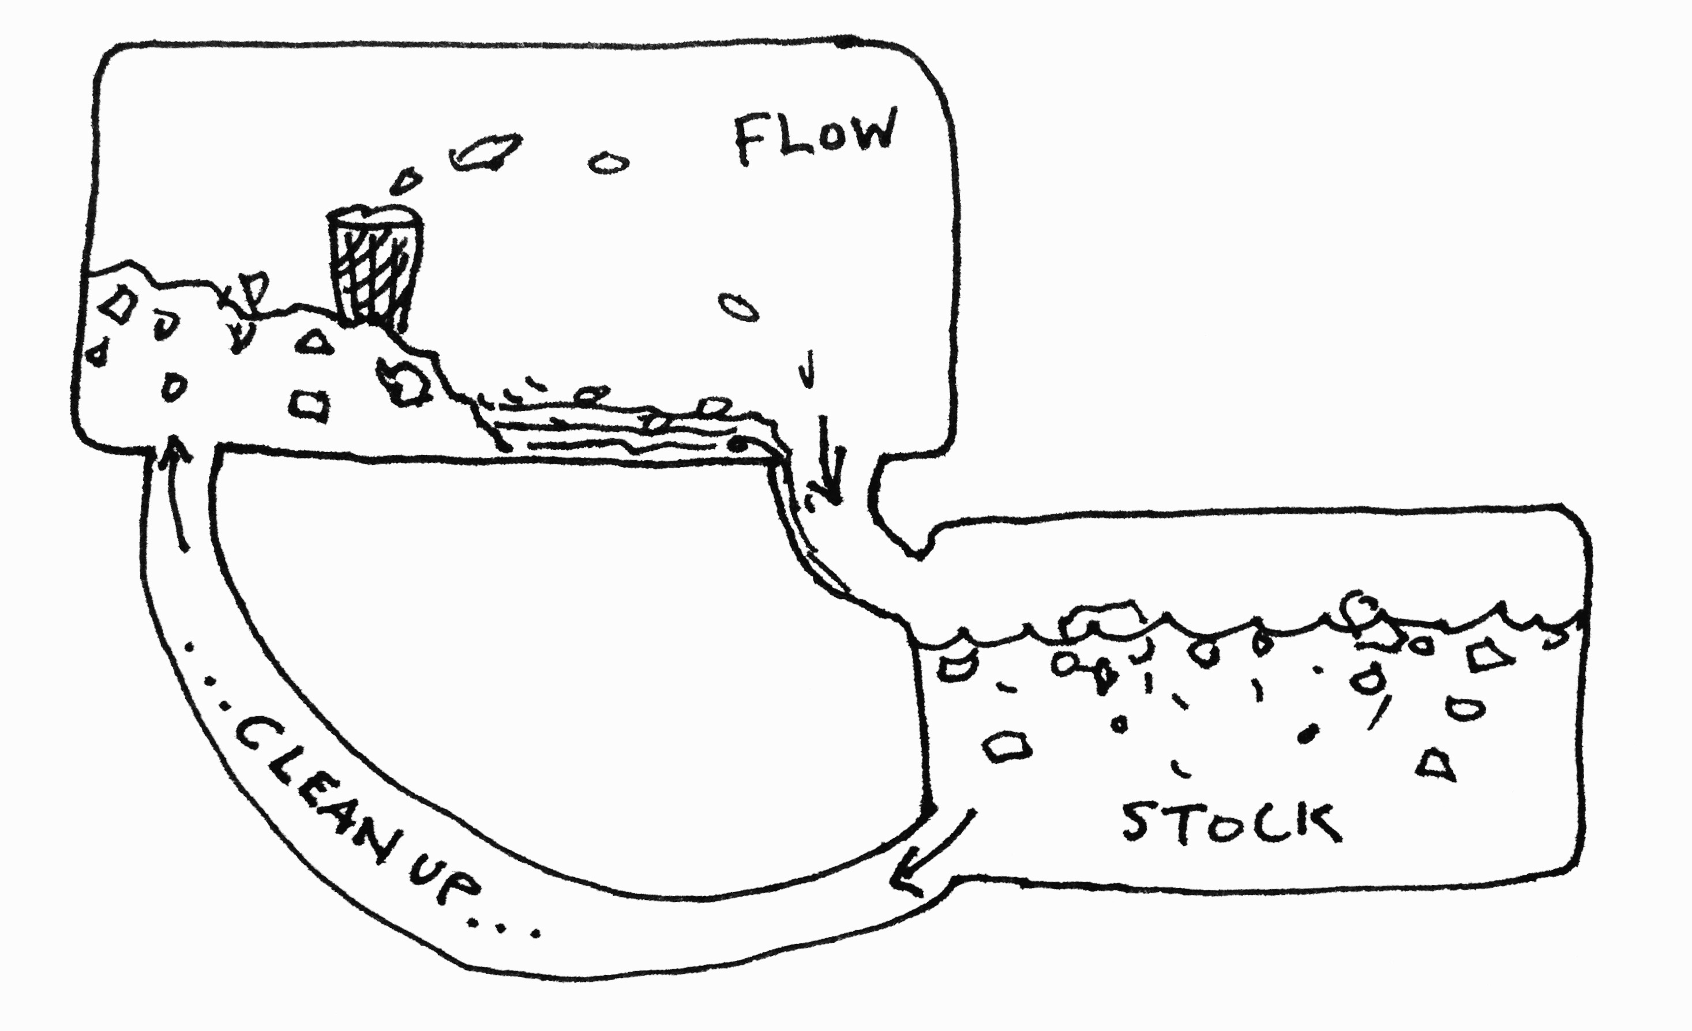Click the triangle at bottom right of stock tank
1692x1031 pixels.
[1436, 766]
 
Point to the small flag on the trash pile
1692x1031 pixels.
[253, 288]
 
